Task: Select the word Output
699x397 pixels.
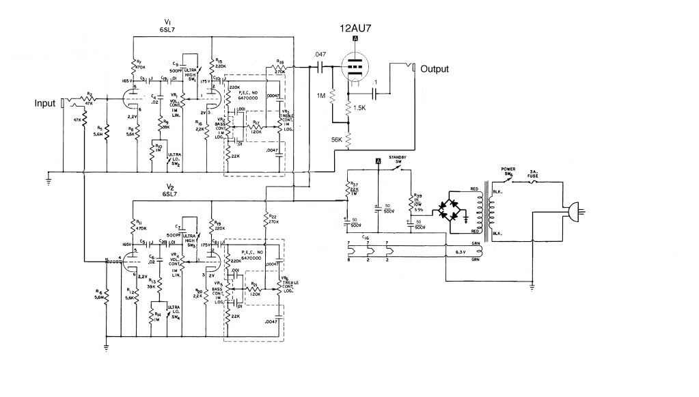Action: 435,69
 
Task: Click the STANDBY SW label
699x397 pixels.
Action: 398,160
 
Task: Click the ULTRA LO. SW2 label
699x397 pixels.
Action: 176,159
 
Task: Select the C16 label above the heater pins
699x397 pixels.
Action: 366,236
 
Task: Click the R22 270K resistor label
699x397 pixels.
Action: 273,218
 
